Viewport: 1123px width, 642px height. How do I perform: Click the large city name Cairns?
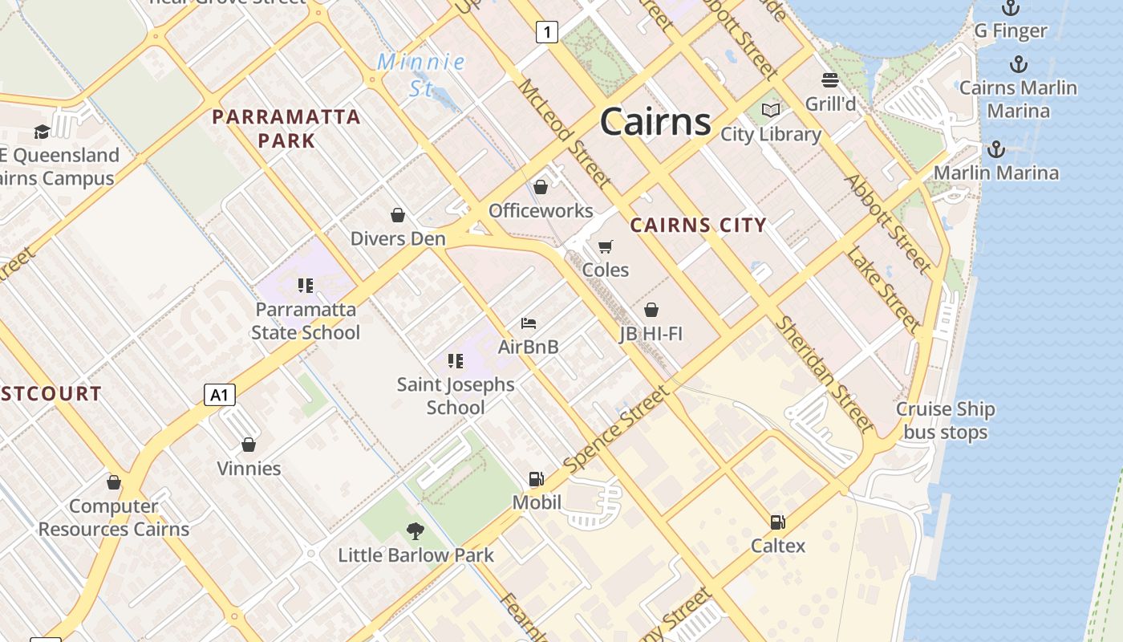(655, 122)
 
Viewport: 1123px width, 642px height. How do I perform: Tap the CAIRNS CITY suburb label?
(698, 226)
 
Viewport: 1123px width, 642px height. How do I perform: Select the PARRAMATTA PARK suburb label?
(286, 128)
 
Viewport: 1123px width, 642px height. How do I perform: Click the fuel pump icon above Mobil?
(536, 479)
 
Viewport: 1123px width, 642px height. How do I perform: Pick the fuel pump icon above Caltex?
(777, 522)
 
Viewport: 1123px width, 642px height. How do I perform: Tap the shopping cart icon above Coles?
(606, 246)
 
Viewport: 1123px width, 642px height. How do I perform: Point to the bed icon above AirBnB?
(528, 323)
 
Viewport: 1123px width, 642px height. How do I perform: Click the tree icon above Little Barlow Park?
(415, 530)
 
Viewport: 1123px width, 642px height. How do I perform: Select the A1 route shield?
(219, 395)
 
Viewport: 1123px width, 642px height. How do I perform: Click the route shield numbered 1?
(546, 32)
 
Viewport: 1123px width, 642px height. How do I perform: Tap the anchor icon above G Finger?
(1010, 8)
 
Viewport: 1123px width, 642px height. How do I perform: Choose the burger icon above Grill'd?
(830, 80)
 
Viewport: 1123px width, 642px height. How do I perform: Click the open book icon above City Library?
(771, 110)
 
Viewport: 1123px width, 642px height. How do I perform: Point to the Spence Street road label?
(615, 429)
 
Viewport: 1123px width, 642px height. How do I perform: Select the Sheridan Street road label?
(824, 373)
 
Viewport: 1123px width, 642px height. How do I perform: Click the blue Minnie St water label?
(421, 75)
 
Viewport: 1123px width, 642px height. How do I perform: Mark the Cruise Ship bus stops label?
(945, 421)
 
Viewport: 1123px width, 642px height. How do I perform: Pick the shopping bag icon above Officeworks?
(541, 187)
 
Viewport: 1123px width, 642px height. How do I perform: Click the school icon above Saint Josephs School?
(456, 361)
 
